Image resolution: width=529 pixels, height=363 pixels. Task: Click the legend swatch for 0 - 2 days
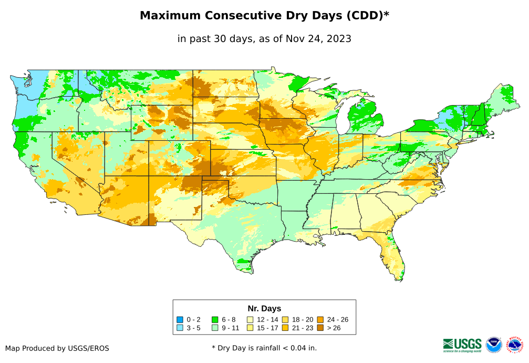(180, 319)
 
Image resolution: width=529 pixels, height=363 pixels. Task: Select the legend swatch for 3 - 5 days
(180, 328)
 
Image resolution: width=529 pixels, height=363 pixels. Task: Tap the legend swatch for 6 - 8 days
(215, 319)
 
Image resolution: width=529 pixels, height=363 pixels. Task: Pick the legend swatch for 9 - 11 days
(215, 328)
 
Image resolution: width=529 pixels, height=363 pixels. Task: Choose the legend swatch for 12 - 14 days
(251, 319)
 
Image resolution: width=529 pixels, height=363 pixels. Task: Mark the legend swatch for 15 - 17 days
(251, 328)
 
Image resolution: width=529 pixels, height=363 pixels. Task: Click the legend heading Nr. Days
(264, 308)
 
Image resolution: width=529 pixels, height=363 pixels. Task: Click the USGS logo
(462, 345)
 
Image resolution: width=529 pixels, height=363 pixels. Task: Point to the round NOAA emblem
(494, 345)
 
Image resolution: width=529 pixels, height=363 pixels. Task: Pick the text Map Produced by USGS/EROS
(57, 348)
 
